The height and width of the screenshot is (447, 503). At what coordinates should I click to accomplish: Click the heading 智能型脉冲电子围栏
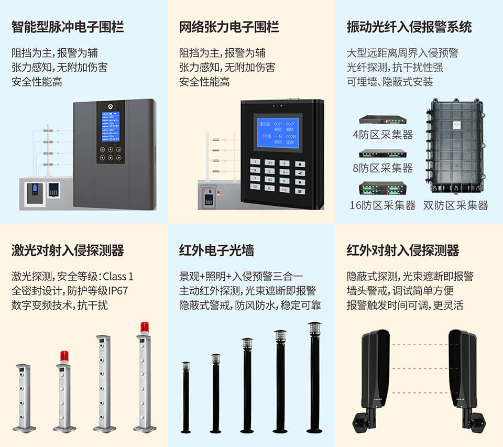(68, 27)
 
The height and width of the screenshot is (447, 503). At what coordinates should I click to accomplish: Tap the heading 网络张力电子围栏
(229, 27)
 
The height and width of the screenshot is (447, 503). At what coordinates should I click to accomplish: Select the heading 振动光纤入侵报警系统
(409, 27)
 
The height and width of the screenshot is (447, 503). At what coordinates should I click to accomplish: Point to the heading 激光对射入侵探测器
(68, 250)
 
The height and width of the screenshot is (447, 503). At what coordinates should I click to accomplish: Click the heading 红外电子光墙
(216, 250)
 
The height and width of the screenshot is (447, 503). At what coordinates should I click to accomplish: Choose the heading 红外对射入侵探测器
(403, 250)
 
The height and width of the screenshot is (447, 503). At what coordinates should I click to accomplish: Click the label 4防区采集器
(382, 135)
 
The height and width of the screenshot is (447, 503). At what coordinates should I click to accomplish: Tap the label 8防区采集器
(382, 168)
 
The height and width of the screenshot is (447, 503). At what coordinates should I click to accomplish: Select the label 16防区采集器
(382, 205)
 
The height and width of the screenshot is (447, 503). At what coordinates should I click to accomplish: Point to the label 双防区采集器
(456, 205)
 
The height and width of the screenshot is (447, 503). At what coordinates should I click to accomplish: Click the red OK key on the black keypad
(285, 189)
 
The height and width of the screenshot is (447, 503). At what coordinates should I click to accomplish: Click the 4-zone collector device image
(382, 120)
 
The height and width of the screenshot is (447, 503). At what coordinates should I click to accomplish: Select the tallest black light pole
(314, 377)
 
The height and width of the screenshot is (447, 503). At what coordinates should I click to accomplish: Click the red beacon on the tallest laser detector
(145, 326)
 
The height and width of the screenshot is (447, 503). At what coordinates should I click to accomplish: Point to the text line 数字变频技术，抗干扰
(60, 304)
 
